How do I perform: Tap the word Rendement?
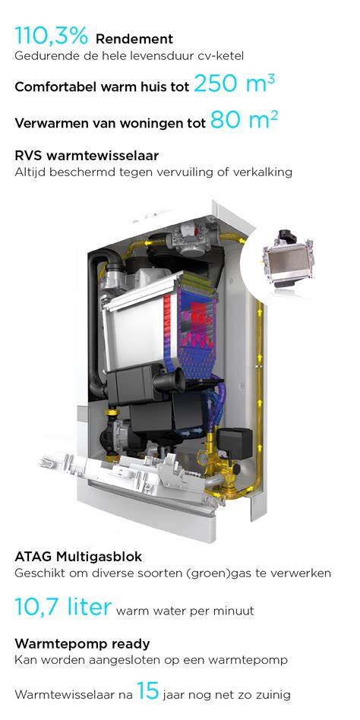[134, 39]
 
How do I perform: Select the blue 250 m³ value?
[235, 84]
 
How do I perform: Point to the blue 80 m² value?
[244, 121]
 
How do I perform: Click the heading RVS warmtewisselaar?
[87, 156]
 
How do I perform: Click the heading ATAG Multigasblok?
[78, 557]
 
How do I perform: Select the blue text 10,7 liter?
[63, 607]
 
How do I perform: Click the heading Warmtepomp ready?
[82, 644]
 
